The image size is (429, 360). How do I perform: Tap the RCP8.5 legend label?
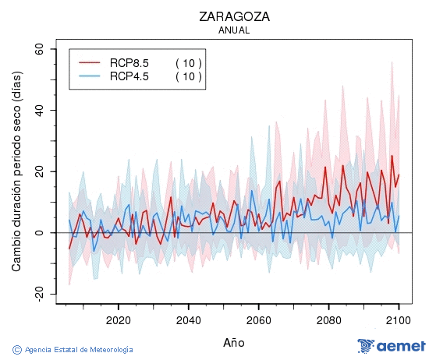coord(129,63)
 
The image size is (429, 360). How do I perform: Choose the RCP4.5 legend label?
coord(129,76)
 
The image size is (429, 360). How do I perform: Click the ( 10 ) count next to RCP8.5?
coord(188,63)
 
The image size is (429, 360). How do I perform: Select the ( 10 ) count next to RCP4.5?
coord(188,76)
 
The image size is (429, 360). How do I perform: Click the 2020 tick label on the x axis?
coord(118,319)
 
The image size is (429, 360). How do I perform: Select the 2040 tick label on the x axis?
coord(188,319)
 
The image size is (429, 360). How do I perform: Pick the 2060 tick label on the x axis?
coord(258,319)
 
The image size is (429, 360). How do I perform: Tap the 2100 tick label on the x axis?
coord(399,319)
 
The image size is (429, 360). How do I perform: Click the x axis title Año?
coord(234,342)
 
